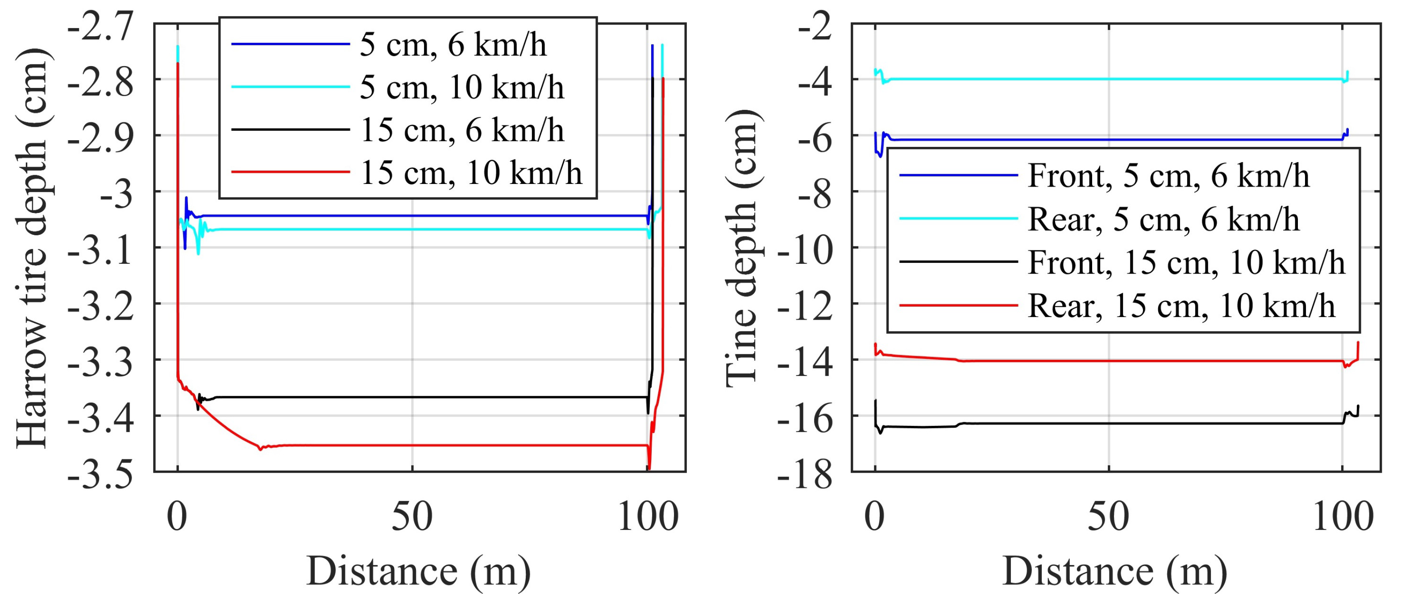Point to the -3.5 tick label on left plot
point(100,475)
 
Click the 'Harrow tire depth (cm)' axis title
point(33,248)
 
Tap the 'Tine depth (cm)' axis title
point(742,248)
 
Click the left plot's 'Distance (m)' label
point(418,571)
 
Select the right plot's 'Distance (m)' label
point(1114,571)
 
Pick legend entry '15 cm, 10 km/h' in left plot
point(471,173)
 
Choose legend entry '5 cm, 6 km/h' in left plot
point(453,45)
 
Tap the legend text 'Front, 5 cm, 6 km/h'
point(1168,176)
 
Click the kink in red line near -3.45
point(261,449)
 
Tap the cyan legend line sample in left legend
point(291,87)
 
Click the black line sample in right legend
point(958,262)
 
